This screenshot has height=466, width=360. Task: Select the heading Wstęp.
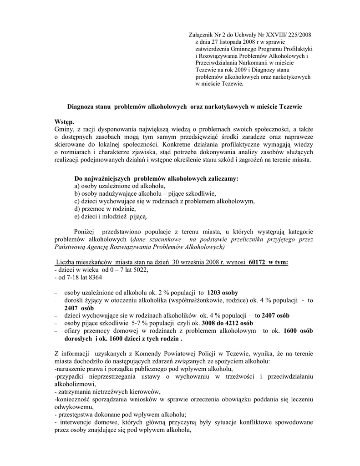[63, 122]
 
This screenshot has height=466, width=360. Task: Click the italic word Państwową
[69, 247]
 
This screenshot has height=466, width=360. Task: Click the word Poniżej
[85, 232]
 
